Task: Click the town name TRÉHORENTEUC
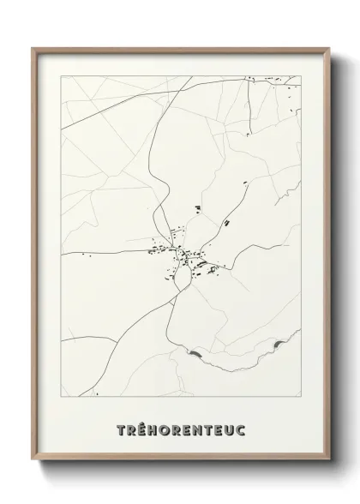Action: [x=180, y=429]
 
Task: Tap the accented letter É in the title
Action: [x=139, y=429]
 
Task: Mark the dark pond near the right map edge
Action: [x=278, y=345]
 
